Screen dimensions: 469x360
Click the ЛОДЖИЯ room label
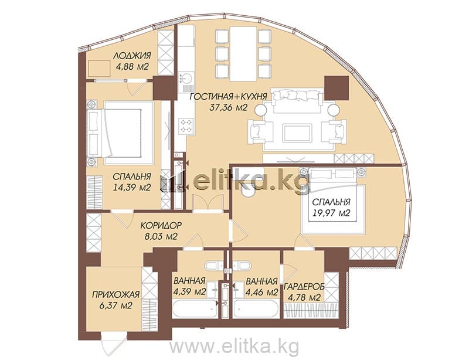click(132, 56)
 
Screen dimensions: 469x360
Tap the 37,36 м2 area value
click(228, 107)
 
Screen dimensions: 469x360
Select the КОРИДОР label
click(161, 225)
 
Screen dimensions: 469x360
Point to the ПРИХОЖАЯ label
click(115, 295)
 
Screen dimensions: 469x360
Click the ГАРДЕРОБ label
click(304, 287)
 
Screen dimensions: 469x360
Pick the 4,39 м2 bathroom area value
click(189, 291)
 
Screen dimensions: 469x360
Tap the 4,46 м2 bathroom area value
click(261, 291)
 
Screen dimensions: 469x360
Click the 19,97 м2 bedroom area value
click(331, 213)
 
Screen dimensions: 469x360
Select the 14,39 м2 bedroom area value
click(132, 188)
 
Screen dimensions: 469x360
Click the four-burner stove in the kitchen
click(186, 125)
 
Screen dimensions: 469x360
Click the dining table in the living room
click(243, 54)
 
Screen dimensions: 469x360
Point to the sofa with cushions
click(298, 100)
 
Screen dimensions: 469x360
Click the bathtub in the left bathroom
click(195, 310)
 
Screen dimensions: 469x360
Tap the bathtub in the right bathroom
click(257, 310)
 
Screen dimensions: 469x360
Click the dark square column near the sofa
click(337, 88)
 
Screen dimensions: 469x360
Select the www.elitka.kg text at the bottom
click(234, 347)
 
